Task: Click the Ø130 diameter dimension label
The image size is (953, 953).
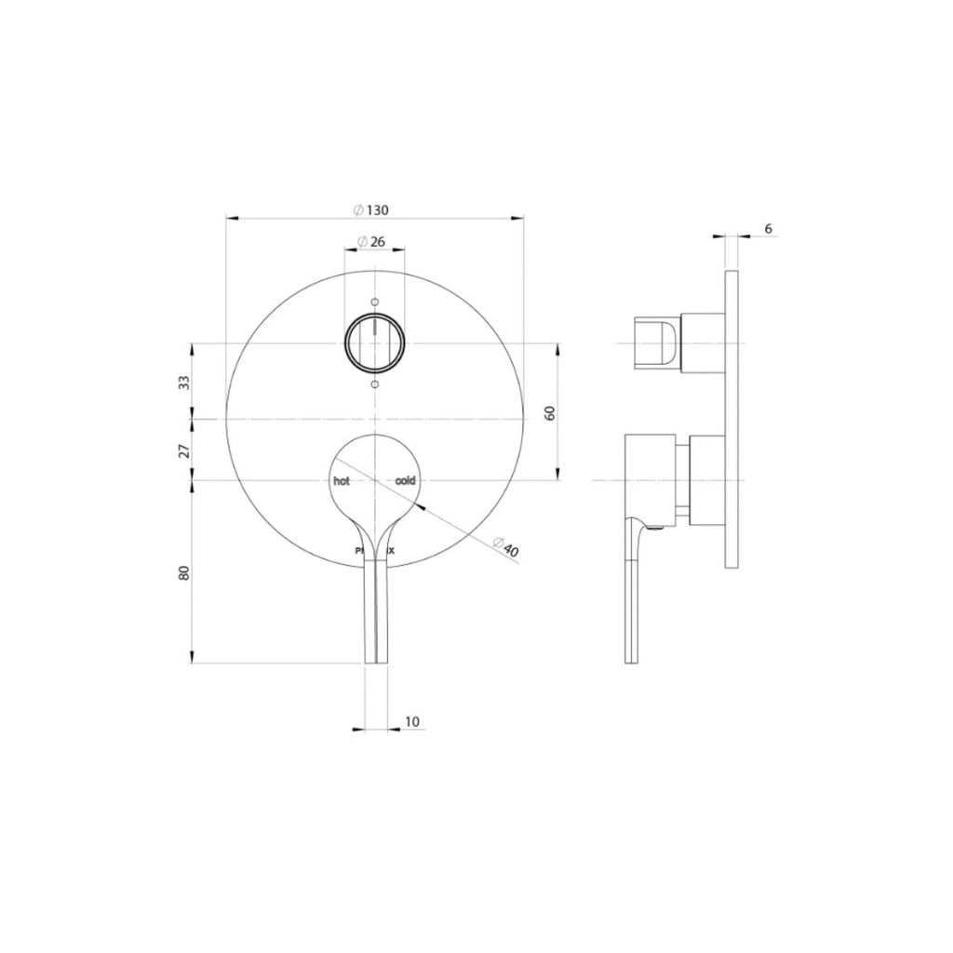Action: [x=370, y=210]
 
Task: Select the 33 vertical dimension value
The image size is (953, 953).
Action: [x=185, y=382]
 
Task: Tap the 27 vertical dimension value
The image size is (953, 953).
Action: [x=185, y=450]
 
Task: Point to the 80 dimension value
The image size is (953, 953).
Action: [x=185, y=572]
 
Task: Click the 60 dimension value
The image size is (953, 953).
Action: [x=550, y=412]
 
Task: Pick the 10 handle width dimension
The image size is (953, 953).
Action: [x=412, y=721]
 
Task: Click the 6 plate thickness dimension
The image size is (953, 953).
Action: [x=768, y=229]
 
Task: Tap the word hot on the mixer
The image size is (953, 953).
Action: [x=342, y=481]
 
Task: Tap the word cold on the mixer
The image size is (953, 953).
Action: [x=406, y=481]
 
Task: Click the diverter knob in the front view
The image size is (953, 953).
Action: [x=374, y=342]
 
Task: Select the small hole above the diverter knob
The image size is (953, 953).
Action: [x=374, y=302]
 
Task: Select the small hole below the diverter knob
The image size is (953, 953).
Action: [x=374, y=383]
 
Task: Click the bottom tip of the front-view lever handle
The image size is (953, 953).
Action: [x=374, y=659]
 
